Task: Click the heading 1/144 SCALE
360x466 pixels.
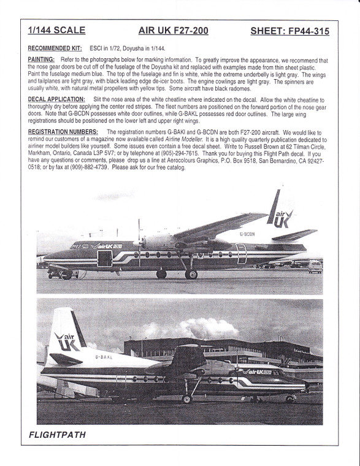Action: [56, 30]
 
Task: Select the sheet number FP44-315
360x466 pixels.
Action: [291, 30]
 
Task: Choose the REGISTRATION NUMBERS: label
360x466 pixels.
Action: [64, 132]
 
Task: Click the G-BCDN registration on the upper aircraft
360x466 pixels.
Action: [247, 234]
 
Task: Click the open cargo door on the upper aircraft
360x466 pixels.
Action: [105, 258]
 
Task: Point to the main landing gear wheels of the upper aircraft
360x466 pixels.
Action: [191, 274]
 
